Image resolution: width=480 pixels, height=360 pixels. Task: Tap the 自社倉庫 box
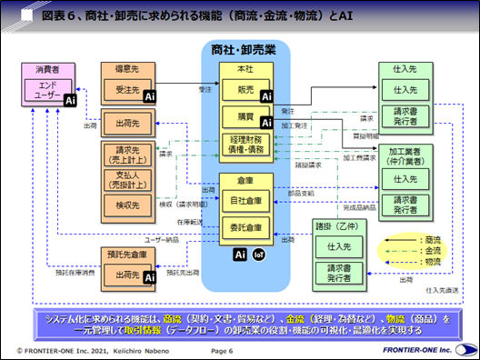coord(245,198)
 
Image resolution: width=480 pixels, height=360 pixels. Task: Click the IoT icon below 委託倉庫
coord(258,255)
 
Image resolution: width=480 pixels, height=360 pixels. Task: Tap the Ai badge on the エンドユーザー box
coord(70,100)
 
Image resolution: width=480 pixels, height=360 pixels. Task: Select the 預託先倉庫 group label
coord(127,255)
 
